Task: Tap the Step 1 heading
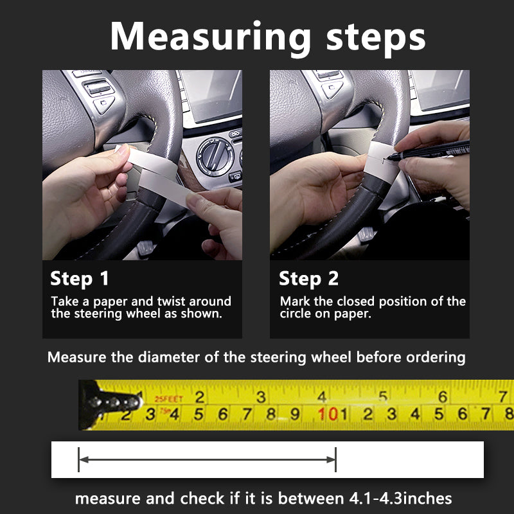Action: [x=79, y=279]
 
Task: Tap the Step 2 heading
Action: [x=308, y=279]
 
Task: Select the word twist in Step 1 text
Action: [x=171, y=301]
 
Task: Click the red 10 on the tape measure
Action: [x=328, y=414]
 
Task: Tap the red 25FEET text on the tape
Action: [x=168, y=398]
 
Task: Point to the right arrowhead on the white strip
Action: [x=331, y=459]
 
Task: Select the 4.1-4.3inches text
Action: [x=400, y=499]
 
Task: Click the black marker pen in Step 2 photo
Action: [x=429, y=151]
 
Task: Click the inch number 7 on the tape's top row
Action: [x=503, y=396]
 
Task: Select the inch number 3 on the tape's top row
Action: [x=261, y=397]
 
